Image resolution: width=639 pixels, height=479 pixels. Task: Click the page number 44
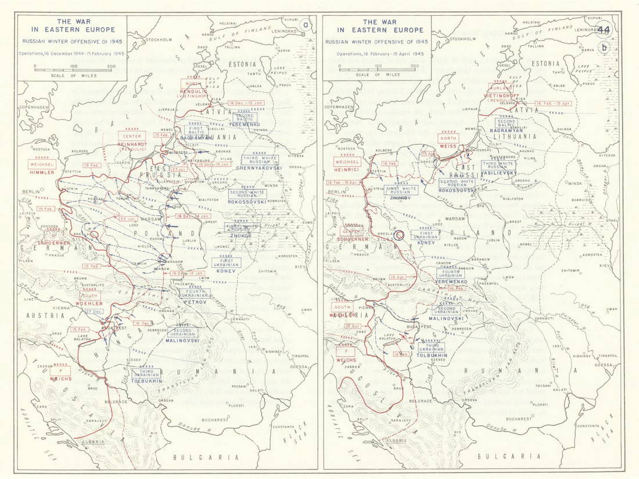(x=604, y=30)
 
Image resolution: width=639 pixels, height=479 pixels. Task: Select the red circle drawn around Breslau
(x=399, y=235)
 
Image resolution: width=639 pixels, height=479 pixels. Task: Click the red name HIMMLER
(x=44, y=172)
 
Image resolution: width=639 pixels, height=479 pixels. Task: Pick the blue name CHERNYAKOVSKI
(x=259, y=167)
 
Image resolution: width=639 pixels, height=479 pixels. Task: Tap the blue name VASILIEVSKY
(x=498, y=173)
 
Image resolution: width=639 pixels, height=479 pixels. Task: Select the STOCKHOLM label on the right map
(x=463, y=39)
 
